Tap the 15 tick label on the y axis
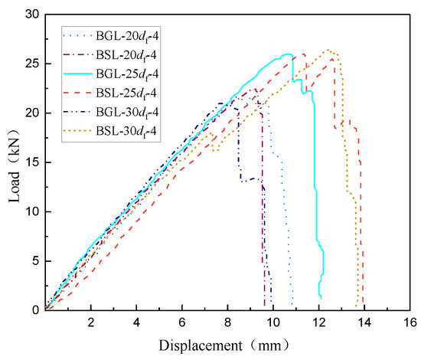click(31, 162)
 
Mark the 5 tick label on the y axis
click(34, 260)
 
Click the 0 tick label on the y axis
click(34, 309)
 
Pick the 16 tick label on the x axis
click(410, 322)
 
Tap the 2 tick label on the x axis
click(91, 322)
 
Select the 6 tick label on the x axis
click(182, 322)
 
